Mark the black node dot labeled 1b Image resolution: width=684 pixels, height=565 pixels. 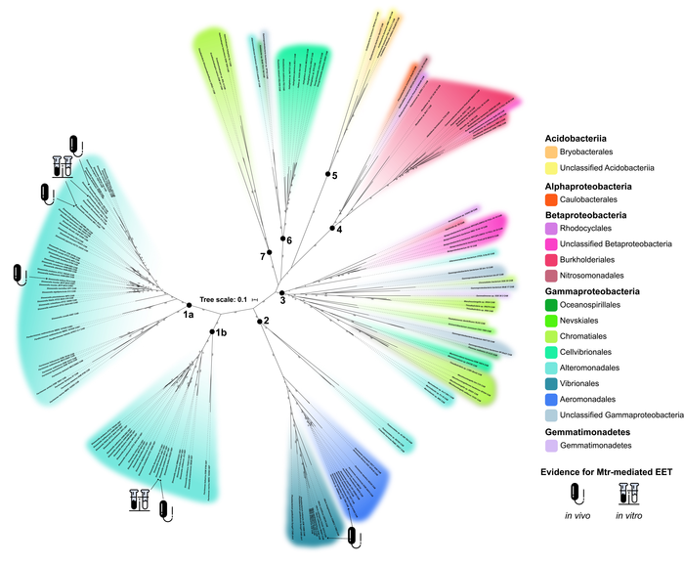[x=212, y=332]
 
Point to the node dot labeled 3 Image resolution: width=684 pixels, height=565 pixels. [x=281, y=293]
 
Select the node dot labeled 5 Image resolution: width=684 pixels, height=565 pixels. [x=327, y=174]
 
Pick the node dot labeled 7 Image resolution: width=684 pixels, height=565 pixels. [x=269, y=250]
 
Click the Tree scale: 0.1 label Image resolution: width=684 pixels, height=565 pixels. [x=224, y=299]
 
